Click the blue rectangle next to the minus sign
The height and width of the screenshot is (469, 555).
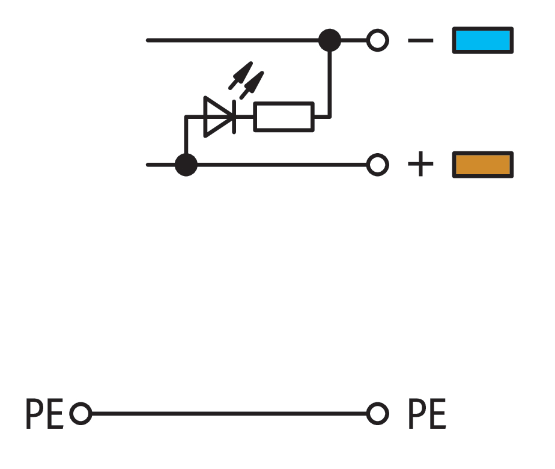point(482,41)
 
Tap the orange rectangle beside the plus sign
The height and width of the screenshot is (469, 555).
point(482,165)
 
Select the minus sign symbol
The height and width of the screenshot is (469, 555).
point(420,41)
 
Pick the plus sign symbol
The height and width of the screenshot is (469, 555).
point(420,164)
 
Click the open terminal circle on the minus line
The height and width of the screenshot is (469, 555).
point(377,41)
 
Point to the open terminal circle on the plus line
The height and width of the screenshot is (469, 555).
point(377,164)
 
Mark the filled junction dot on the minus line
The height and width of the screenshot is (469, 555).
point(329,41)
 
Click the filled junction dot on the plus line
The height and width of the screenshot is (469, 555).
point(186,164)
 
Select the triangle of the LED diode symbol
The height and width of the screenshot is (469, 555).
point(216,116)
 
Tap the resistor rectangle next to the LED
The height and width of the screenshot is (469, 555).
point(284,116)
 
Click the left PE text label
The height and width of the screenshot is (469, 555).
point(44,414)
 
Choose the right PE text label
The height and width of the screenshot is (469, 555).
point(427,414)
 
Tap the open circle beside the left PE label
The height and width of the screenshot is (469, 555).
point(80,414)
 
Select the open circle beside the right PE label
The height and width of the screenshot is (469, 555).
point(377,414)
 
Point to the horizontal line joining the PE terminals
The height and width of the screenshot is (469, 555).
point(228,414)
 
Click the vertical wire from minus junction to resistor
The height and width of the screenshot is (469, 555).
point(329,84)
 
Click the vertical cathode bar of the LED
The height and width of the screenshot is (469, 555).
point(233,116)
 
